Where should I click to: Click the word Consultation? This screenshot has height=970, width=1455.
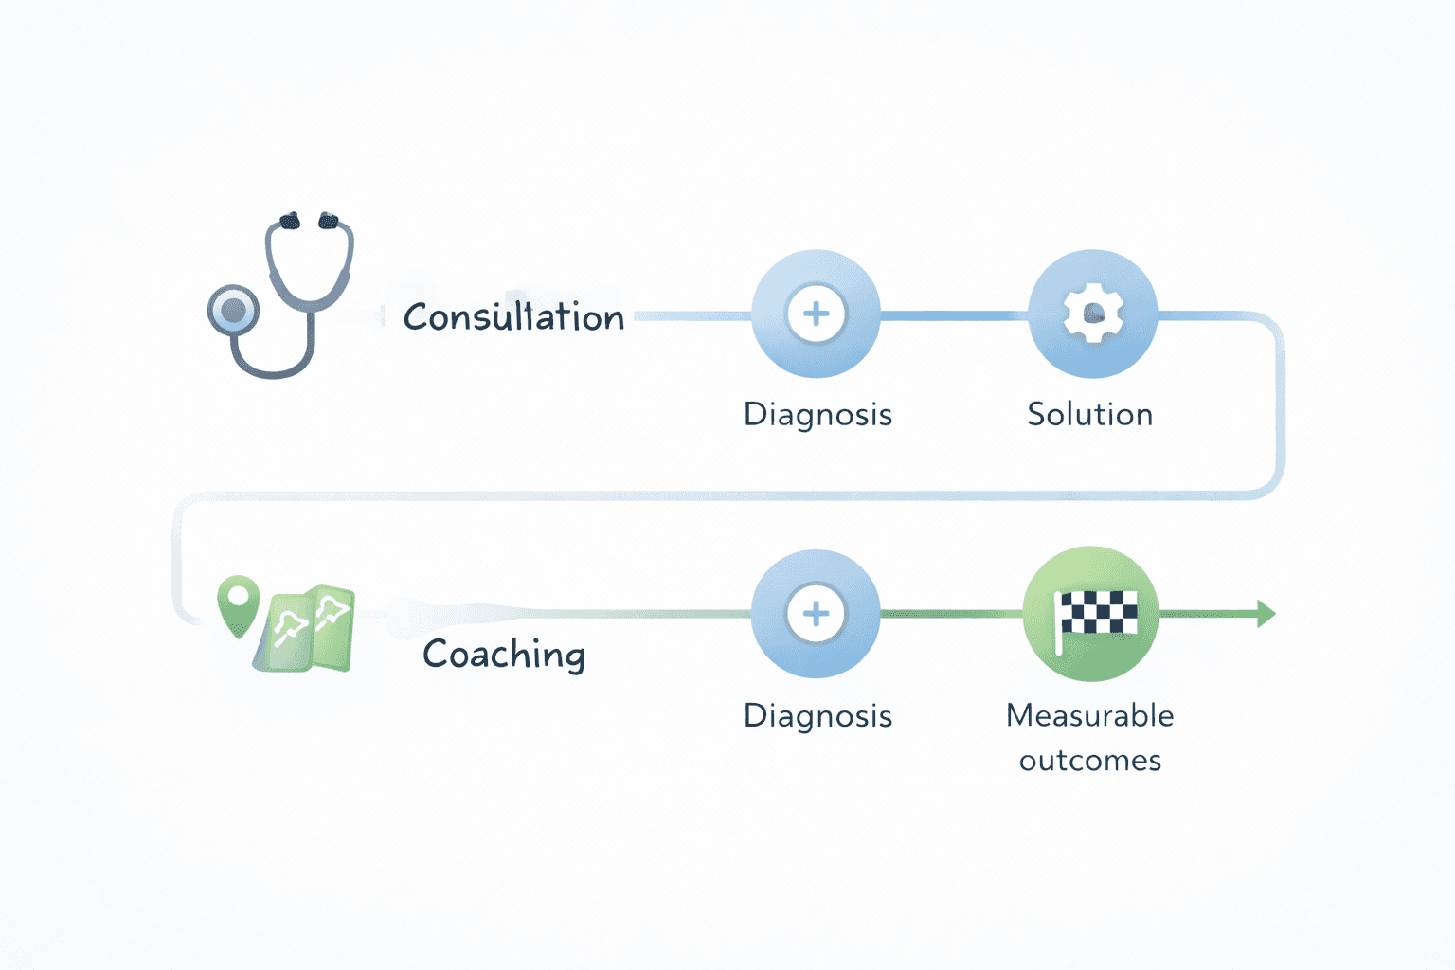[x=513, y=317]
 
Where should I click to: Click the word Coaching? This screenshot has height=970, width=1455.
[x=504, y=654]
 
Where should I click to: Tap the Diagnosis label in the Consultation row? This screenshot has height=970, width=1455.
[x=817, y=415]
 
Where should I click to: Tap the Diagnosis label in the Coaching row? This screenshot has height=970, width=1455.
[x=817, y=716]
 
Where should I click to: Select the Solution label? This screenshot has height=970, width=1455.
[x=1090, y=415]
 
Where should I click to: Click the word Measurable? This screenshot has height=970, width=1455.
[x=1090, y=715]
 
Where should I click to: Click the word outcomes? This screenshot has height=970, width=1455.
[x=1090, y=761]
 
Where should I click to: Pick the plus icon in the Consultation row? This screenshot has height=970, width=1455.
[x=816, y=314]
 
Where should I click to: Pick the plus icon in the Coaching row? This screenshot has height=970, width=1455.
[x=816, y=614]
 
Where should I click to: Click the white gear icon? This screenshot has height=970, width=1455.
[x=1093, y=314]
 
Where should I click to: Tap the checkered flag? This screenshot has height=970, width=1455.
[x=1097, y=614]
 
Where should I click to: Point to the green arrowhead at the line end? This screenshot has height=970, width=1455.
[x=1266, y=614]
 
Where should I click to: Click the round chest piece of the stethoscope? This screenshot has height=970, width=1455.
[x=233, y=310]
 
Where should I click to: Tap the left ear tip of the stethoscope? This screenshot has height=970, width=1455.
[x=289, y=221]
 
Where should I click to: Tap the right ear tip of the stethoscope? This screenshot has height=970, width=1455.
[x=328, y=221]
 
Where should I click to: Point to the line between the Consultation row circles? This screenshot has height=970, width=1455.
[x=954, y=314]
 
